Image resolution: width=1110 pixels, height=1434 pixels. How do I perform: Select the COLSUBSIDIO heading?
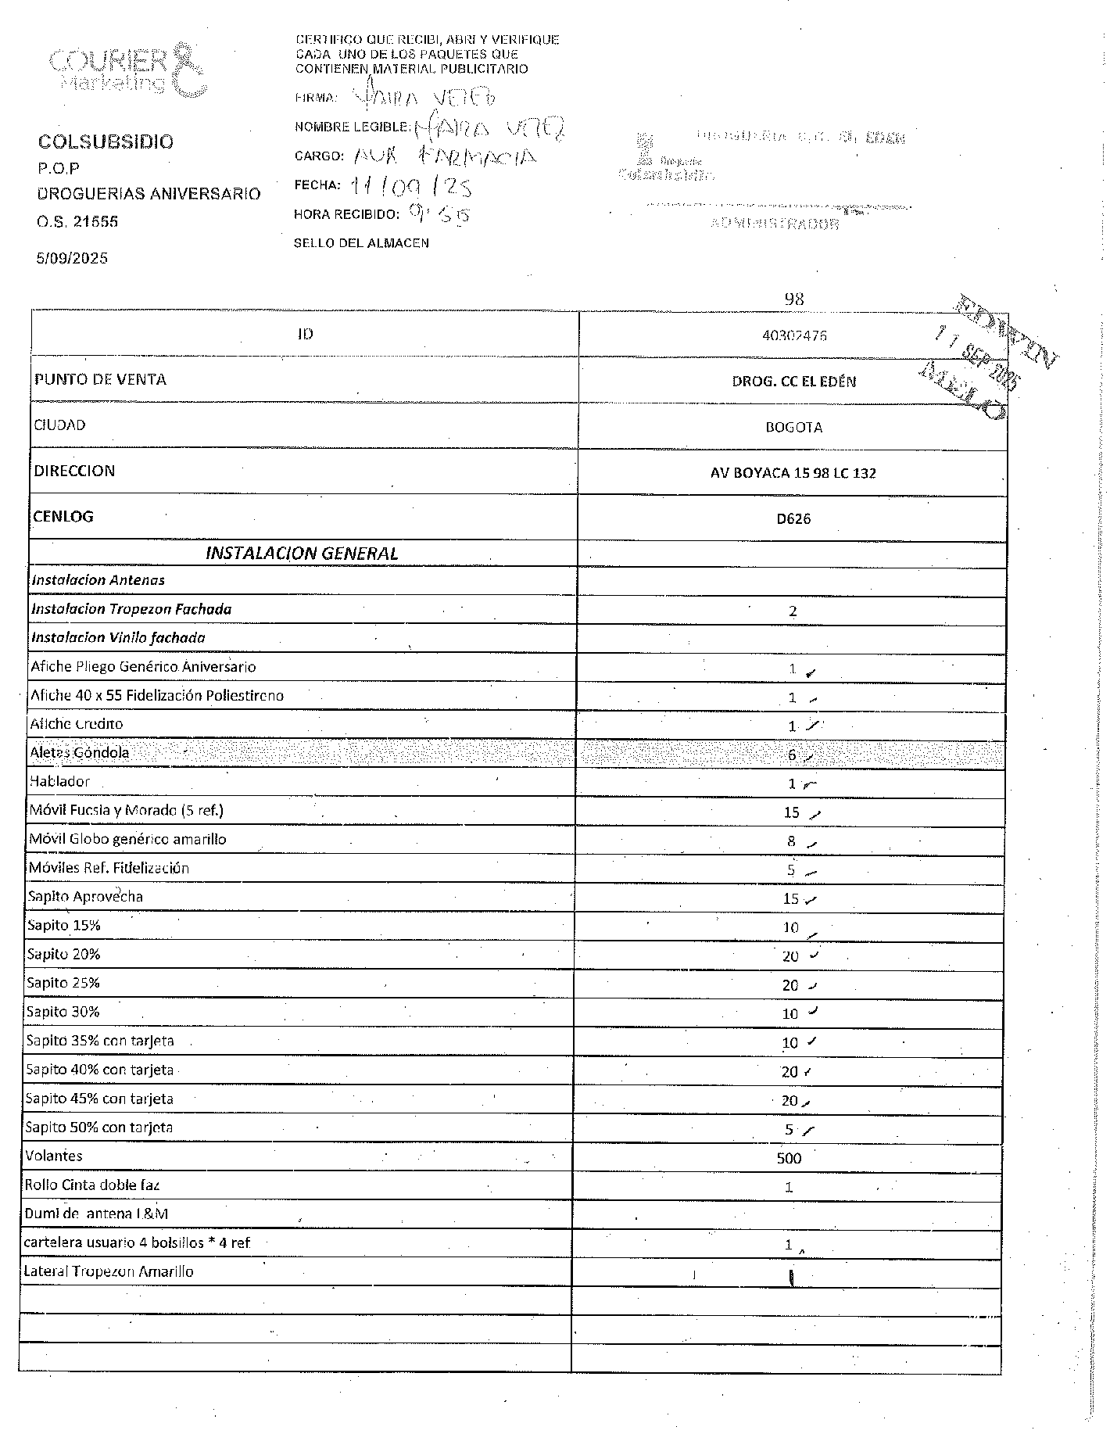click(x=106, y=142)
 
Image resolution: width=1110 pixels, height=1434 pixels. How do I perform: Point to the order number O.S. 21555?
click(x=77, y=222)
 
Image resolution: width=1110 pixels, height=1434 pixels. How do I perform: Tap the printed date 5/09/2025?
click(x=72, y=259)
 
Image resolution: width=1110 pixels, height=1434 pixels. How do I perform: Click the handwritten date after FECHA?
click(x=411, y=186)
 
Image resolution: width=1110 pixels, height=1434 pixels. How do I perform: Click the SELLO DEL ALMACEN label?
click(x=361, y=243)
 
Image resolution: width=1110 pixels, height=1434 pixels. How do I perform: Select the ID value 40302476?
click(x=794, y=335)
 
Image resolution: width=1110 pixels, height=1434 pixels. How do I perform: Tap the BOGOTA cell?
click(x=793, y=428)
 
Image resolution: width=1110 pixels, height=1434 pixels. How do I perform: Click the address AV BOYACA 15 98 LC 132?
click(x=793, y=473)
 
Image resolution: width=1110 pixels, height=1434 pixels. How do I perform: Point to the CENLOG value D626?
click(x=793, y=519)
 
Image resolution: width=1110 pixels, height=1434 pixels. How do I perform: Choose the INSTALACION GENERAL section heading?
click(x=302, y=554)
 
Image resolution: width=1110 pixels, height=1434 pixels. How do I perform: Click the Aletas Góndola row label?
click(x=79, y=753)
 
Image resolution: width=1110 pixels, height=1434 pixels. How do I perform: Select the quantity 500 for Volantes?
click(x=789, y=1159)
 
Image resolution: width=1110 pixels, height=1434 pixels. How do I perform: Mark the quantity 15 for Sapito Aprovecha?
click(x=791, y=899)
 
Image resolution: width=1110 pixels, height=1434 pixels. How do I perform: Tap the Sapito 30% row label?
click(x=63, y=1012)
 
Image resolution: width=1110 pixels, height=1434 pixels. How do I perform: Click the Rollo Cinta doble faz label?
click(x=91, y=1185)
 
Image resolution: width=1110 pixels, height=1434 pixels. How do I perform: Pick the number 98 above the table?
click(x=794, y=299)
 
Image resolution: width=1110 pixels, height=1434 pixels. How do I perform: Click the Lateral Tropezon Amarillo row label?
click(x=109, y=1272)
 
